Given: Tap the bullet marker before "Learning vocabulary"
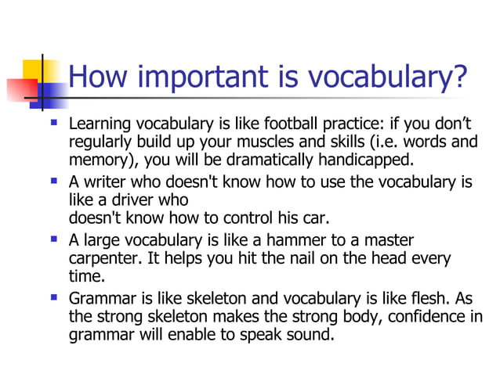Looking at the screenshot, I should pyautogui.click(x=53, y=123).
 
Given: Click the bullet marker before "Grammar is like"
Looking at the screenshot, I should pyautogui.click(x=53, y=297).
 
